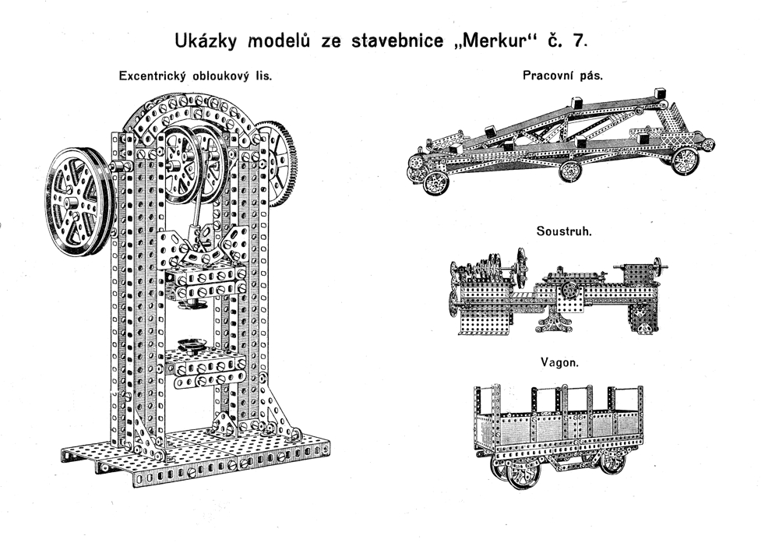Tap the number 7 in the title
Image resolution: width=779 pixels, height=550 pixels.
click(x=577, y=40)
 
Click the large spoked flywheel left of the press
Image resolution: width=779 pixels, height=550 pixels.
click(x=79, y=201)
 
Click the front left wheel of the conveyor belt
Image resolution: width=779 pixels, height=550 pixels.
click(x=435, y=183)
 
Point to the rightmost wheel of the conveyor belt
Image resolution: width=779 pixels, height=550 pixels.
click(x=685, y=160)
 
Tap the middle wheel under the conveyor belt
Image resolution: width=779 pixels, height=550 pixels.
click(x=572, y=170)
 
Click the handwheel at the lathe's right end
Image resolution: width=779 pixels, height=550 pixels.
click(x=658, y=265)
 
